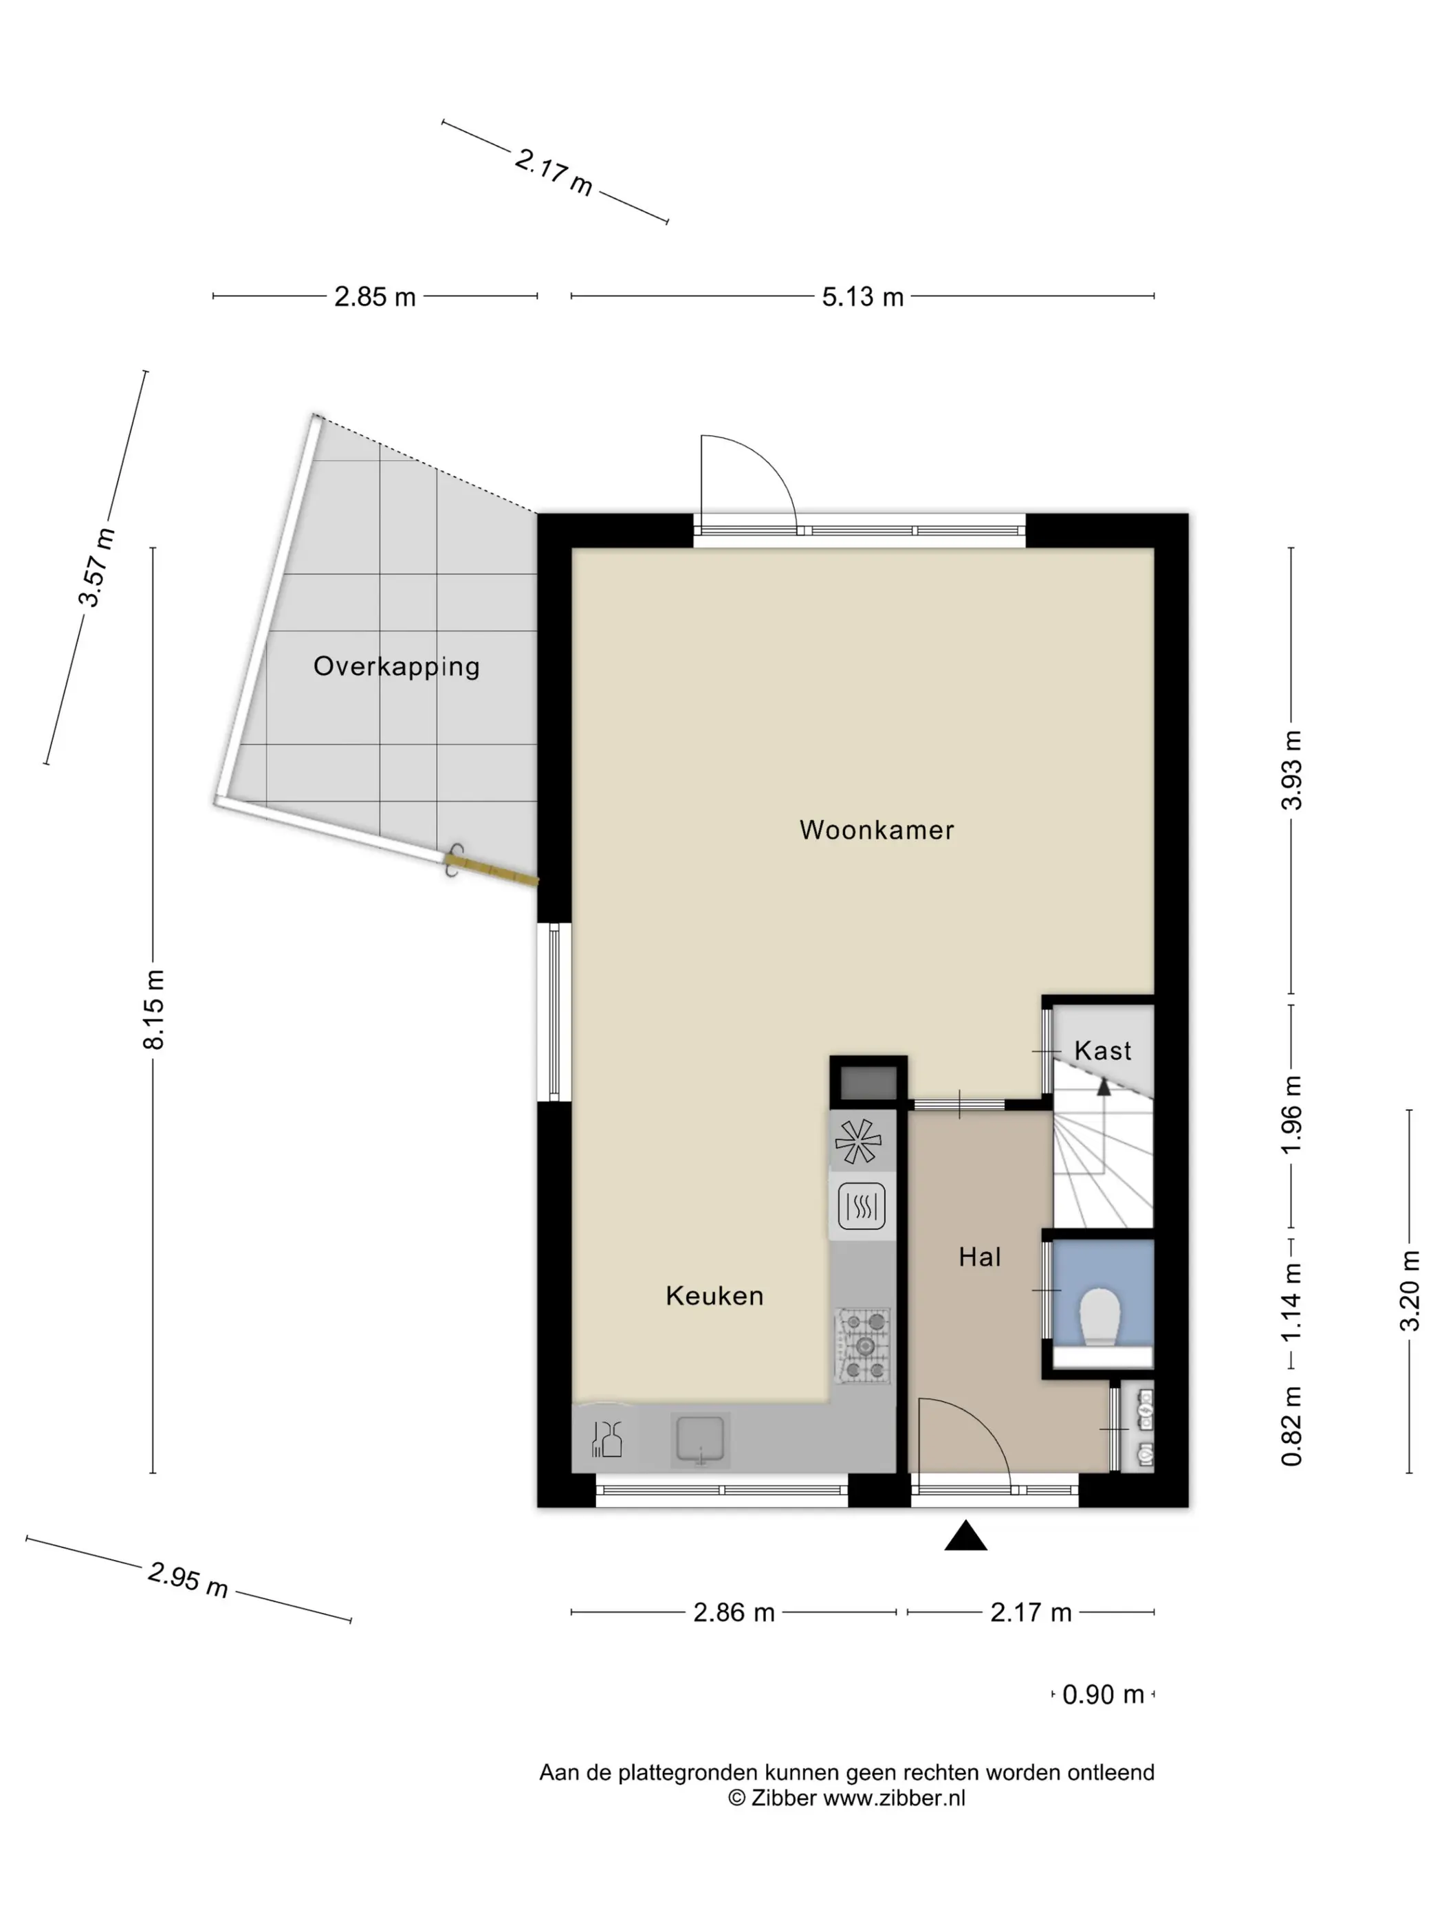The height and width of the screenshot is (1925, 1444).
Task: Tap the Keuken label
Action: (714, 1296)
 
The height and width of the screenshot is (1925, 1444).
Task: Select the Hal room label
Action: (979, 1257)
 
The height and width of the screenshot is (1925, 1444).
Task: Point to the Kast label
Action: (1103, 1050)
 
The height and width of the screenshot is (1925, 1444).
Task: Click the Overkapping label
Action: (396, 667)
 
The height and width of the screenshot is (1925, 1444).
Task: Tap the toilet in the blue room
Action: (1100, 1317)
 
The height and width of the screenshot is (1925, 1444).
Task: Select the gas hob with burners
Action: (862, 1346)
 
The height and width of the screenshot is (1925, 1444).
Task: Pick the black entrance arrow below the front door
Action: (965, 1536)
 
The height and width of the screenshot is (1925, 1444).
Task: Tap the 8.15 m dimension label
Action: (153, 1009)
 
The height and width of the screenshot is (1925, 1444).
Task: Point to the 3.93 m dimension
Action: (1291, 770)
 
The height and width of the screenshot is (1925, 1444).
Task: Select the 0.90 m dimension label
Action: (1103, 1695)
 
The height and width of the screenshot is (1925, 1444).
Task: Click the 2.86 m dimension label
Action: (734, 1613)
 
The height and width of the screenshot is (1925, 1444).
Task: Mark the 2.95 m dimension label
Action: (188, 1579)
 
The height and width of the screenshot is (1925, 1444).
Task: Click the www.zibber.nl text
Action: (894, 1798)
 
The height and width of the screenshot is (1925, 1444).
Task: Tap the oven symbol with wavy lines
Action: (862, 1205)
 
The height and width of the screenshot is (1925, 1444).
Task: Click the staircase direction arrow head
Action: (1104, 1085)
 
